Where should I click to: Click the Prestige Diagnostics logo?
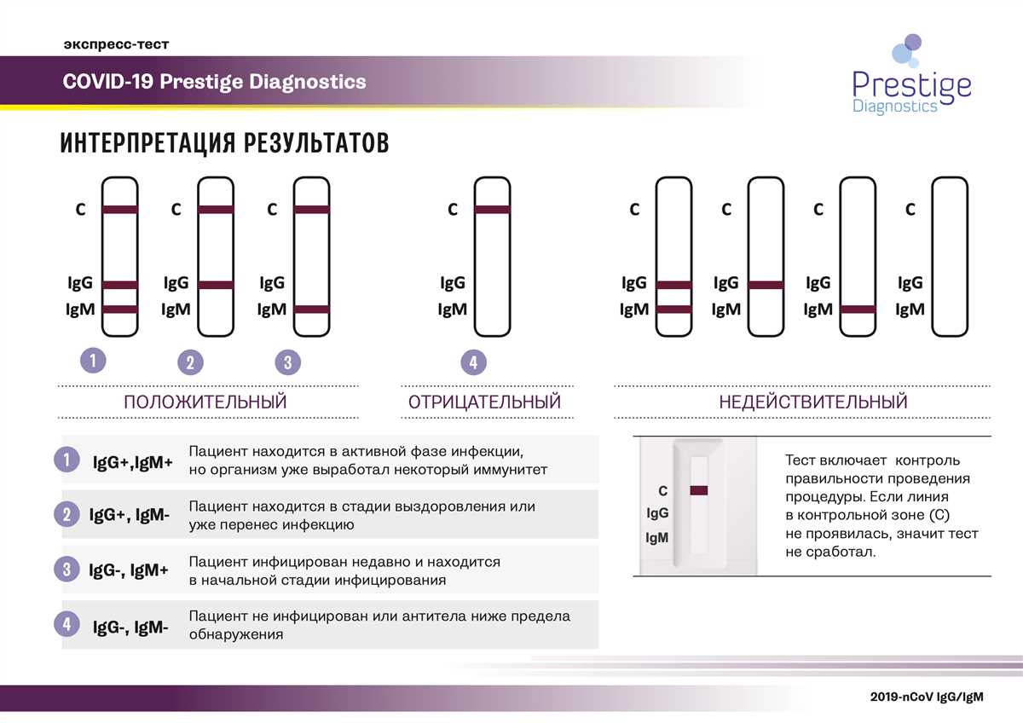pyautogui.click(x=911, y=75)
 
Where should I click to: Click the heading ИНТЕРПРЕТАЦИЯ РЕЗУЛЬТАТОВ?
pyautogui.click(x=224, y=142)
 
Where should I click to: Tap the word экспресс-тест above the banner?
pyautogui.click(x=117, y=44)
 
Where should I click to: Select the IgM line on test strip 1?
pyautogui.click(x=119, y=309)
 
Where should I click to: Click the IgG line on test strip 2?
pyautogui.click(x=216, y=285)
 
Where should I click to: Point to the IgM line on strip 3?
pyautogui.click(x=311, y=309)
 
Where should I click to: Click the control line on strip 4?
pyautogui.click(x=493, y=210)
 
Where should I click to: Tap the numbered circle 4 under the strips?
pyautogui.click(x=474, y=362)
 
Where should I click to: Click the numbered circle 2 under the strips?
pyautogui.click(x=190, y=362)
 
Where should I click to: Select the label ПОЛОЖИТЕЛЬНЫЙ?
pyautogui.click(x=205, y=402)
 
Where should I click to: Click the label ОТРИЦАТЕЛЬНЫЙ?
pyautogui.click(x=484, y=402)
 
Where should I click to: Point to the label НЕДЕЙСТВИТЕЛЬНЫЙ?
pyautogui.click(x=813, y=402)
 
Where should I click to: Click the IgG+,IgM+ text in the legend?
pyautogui.click(x=133, y=462)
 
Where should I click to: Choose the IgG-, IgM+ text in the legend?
pyautogui.click(x=129, y=570)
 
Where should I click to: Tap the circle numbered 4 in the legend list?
pyautogui.click(x=67, y=624)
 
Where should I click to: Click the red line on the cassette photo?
pyautogui.click(x=699, y=490)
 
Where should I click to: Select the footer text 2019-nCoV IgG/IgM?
pyautogui.click(x=927, y=697)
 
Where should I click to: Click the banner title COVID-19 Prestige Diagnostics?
pyautogui.click(x=215, y=82)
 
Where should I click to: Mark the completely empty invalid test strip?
pyautogui.click(x=950, y=257)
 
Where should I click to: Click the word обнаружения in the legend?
pyautogui.click(x=236, y=635)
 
